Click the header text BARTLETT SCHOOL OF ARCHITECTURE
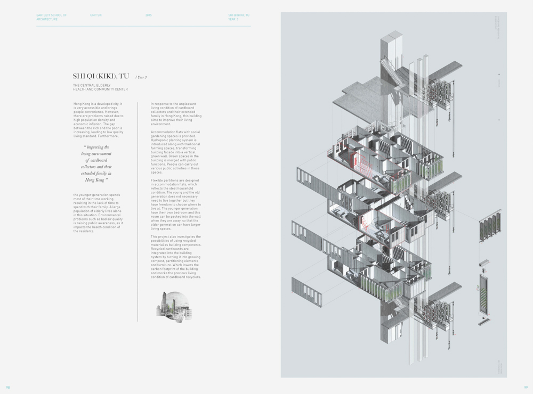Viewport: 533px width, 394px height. (51, 17)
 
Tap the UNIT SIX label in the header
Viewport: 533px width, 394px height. (96, 15)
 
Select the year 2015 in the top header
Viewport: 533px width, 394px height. (149, 15)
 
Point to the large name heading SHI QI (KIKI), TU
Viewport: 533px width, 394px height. (101, 77)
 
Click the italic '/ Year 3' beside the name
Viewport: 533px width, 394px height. (141, 77)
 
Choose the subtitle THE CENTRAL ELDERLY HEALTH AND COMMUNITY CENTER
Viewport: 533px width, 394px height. (100, 87)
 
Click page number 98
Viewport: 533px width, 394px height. (8, 387)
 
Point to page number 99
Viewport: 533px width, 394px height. (526, 387)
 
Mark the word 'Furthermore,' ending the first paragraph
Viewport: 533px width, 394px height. (108, 136)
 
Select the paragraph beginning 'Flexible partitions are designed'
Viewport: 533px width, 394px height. (175, 204)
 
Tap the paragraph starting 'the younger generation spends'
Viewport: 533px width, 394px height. (99, 213)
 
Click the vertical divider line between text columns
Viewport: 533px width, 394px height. (138, 213)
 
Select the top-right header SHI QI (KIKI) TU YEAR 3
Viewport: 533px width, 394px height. (239, 17)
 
